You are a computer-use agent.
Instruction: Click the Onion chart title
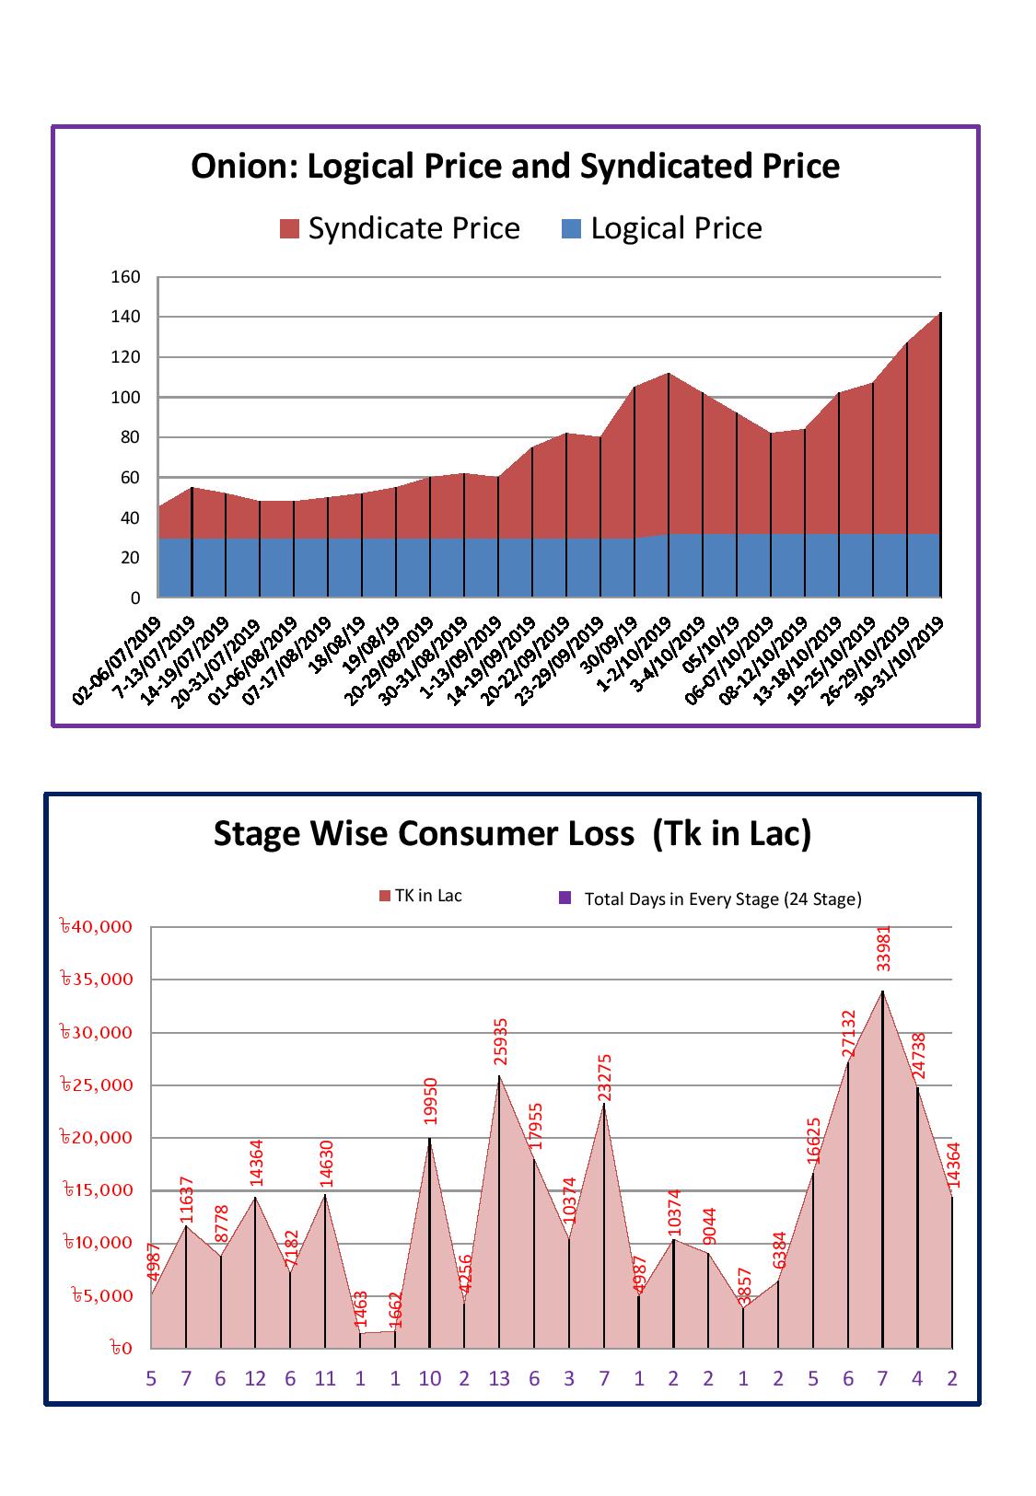[515, 167]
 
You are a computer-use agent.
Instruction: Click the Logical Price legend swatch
[571, 229]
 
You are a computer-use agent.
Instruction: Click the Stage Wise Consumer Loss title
[512, 833]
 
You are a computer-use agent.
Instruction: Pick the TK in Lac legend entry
[421, 896]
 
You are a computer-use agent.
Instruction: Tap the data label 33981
[883, 948]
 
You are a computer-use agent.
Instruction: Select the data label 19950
[430, 1100]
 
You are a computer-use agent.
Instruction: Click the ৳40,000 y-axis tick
[96, 927]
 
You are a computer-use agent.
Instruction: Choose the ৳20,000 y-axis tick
[96, 1138]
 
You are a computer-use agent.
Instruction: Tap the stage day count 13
[499, 1378]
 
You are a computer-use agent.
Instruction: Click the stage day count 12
[255, 1378]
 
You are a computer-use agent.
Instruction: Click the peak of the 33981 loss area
[882, 992]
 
